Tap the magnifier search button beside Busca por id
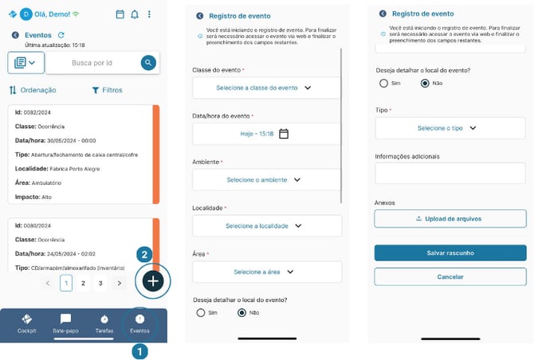[148, 62]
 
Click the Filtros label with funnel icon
[107, 90]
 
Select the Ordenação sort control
[33, 90]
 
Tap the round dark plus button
[153, 280]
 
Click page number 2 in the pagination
[83, 283]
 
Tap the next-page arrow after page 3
[120, 283]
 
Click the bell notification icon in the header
[134, 14]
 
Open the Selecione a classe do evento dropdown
[266, 88]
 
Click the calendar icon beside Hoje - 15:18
[284, 134]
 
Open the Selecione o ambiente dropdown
[266, 180]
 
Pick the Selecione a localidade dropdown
[266, 226]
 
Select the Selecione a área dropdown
[266, 272]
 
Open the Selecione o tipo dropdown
[450, 128]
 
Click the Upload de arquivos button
[450, 218]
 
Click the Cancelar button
[450, 277]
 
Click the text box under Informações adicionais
[450, 173]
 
